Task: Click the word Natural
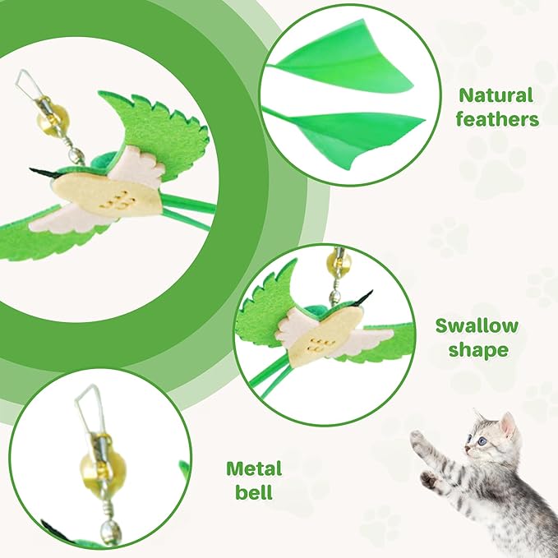click(496, 95)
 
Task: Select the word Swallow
click(477, 326)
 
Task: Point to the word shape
click(477, 350)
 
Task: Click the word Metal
click(254, 469)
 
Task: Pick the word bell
click(254, 494)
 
